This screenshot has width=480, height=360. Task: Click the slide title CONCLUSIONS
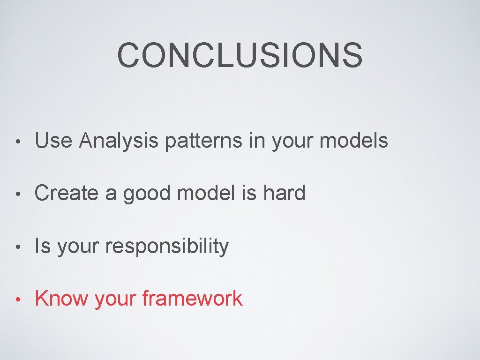pos(240,55)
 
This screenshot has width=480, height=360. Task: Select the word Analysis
pos(119,141)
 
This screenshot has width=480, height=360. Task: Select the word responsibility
pos(167,247)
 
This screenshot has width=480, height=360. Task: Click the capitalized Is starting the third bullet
pos(42,246)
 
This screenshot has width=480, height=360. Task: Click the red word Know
pos(61,299)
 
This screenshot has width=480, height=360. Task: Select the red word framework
pos(192,299)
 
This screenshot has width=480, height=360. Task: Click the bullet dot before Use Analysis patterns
pos(17,142)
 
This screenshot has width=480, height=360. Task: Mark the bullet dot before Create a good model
pos(17,194)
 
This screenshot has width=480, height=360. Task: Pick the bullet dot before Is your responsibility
pos(17,247)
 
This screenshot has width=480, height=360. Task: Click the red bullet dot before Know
pos(17,300)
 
